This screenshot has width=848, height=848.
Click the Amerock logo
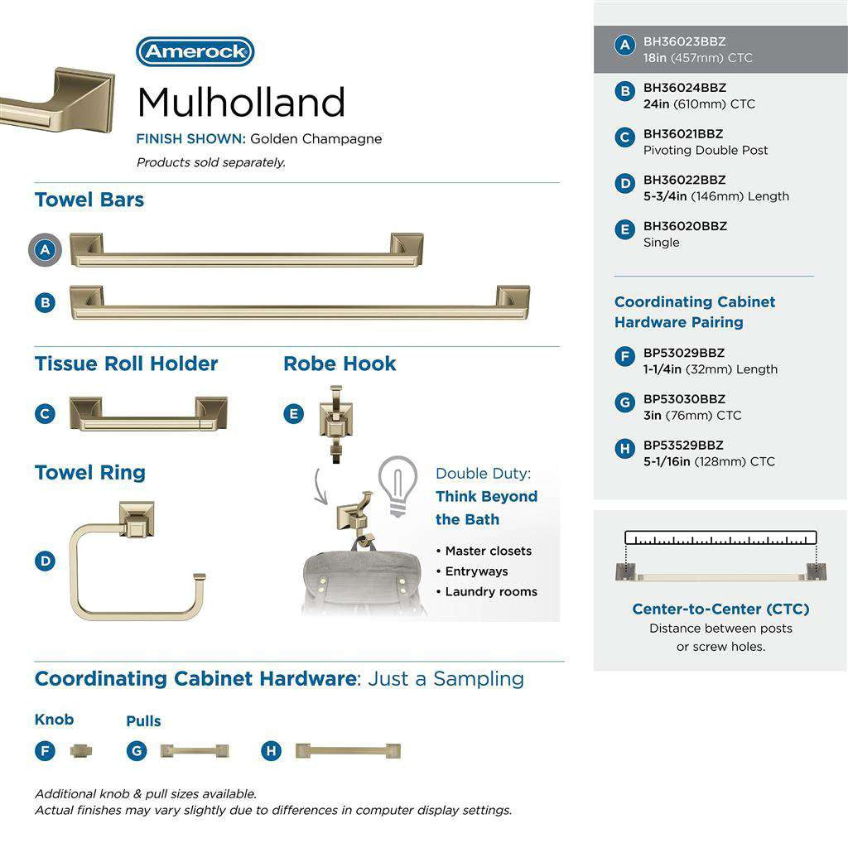click(x=195, y=51)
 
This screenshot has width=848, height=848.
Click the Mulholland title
click(x=240, y=103)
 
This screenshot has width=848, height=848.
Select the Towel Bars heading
click(x=89, y=200)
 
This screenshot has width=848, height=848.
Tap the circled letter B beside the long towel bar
click(x=46, y=302)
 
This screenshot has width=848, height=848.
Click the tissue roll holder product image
click(x=148, y=413)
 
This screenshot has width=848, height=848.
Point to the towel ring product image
click(x=136, y=561)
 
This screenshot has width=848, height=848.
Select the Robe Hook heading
click(x=340, y=364)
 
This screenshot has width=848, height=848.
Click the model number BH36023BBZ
click(x=684, y=41)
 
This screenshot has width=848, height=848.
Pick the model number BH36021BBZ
click(x=683, y=133)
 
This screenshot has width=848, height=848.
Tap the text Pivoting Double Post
click(x=706, y=150)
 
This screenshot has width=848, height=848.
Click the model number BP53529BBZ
click(x=683, y=445)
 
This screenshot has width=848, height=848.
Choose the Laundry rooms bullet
click(x=490, y=591)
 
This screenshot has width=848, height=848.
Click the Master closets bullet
click(x=488, y=551)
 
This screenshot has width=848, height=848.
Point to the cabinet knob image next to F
click(x=81, y=750)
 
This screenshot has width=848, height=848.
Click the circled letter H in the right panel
click(x=625, y=449)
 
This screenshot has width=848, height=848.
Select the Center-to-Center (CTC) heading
click(x=720, y=609)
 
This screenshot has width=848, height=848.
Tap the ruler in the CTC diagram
click(x=720, y=537)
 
